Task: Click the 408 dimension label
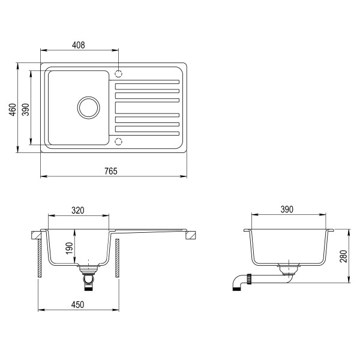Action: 79,45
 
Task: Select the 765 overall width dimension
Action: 110,171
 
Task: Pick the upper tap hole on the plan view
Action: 118,74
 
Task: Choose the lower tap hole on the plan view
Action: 118,142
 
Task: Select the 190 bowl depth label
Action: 70,248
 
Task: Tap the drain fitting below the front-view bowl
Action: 89,278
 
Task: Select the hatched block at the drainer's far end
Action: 190,235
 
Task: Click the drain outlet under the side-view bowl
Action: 290,268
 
